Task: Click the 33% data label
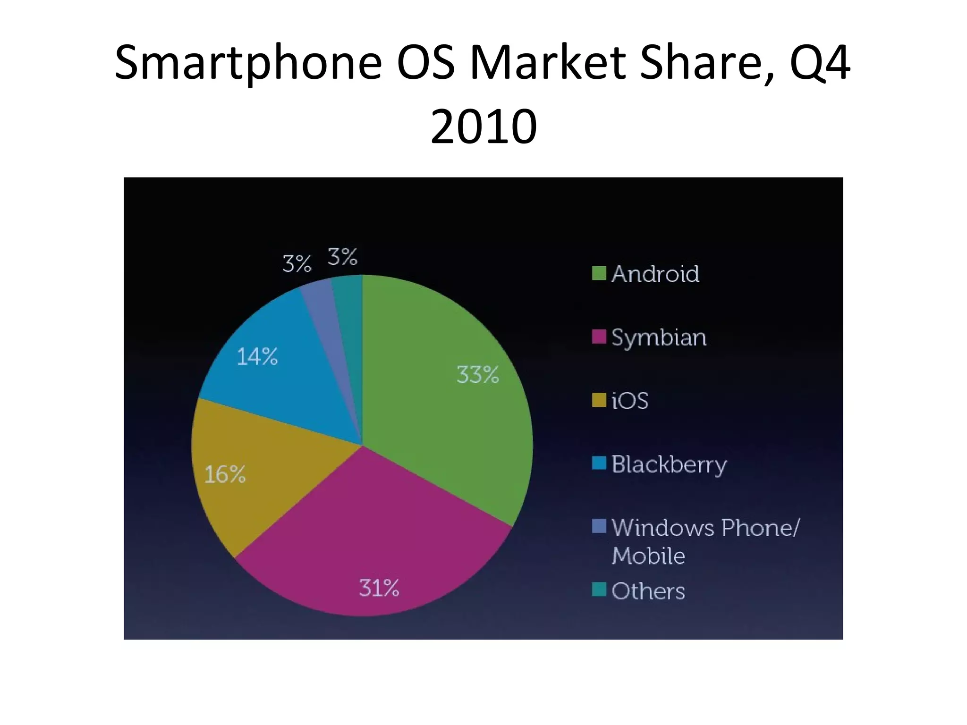[x=477, y=375]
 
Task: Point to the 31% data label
[x=379, y=588]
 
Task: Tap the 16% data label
[x=225, y=474]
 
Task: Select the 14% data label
[x=257, y=356]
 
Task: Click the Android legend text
[x=655, y=274]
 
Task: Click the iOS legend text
[x=629, y=401]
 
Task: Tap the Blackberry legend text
[x=669, y=465]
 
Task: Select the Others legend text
[x=648, y=591]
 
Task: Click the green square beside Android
[x=599, y=273]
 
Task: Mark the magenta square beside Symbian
[x=599, y=337]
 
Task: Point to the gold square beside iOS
[x=599, y=400]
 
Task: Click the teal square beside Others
[x=599, y=590]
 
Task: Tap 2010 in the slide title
[x=483, y=126]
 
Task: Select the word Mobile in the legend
[x=648, y=556]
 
